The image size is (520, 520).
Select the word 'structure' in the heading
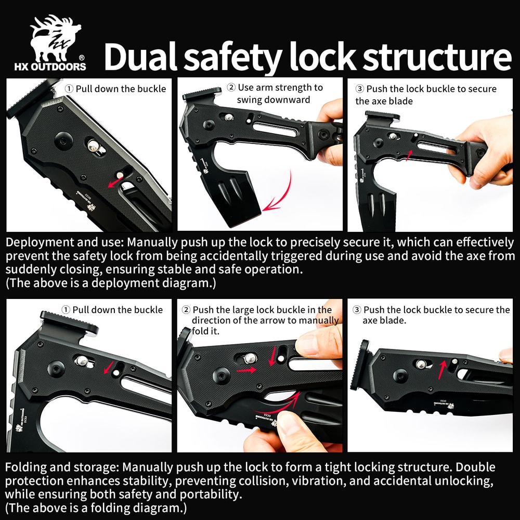(437, 57)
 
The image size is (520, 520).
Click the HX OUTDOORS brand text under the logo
(50, 67)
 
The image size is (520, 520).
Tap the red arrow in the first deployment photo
(116, 181)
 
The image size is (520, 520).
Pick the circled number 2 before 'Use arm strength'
(231, 87)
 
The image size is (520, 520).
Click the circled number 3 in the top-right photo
(359, 89)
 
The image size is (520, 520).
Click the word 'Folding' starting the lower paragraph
(25, 467)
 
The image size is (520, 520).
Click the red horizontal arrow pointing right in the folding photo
(246, 370)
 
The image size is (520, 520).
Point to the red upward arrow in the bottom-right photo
(442, 370)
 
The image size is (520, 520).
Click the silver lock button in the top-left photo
(94, 146)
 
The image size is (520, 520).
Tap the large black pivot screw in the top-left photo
(63, 140)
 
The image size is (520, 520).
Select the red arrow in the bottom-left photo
(109, 368)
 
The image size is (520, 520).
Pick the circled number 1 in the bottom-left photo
(66, 310)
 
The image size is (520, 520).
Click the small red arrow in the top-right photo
(410, 155)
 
